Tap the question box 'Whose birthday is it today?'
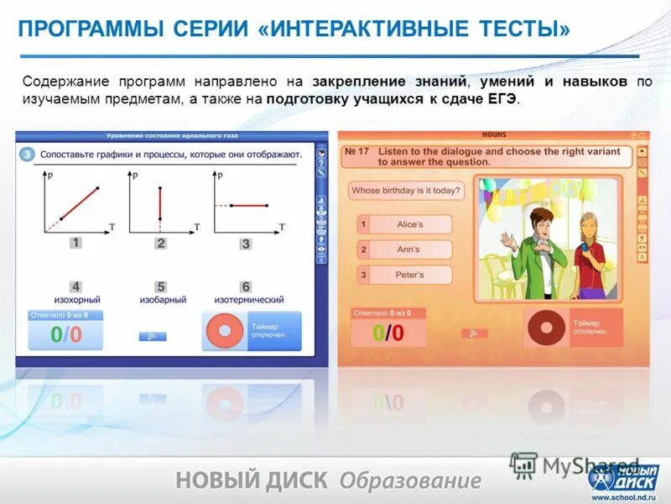click(x=405, y=191)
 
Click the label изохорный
click(x=77, y=300)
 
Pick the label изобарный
click(x=162, y=300)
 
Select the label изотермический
click(x=248, y=300)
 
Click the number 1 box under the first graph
click(x=75, y=244)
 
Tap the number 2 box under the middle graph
click(x=160, y=244)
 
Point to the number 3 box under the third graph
click(x=246, y=244)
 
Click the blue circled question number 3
click(x=27, y=154)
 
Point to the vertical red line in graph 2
click(x=160, y=203)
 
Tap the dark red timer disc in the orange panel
click(x=546, y=328)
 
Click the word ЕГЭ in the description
click(x=501, y=98)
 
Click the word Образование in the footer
click(x=410, y=480)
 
